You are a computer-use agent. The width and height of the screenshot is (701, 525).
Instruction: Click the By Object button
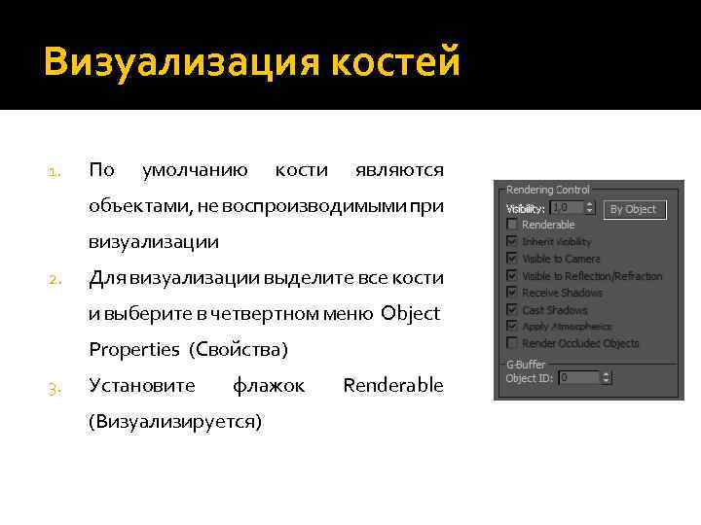click(x=632, y=209)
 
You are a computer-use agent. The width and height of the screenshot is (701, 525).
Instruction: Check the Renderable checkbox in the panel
click(x=512, y=225)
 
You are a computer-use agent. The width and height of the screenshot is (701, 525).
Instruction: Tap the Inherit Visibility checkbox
click(x=512, y=241)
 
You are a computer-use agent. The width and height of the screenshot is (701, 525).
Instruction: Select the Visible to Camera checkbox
click(x=512, y=259)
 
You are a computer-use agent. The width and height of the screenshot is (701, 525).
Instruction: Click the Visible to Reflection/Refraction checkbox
click(x=512, y=276)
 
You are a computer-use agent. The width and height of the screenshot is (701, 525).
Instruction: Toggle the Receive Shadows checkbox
click(x=512, y=293)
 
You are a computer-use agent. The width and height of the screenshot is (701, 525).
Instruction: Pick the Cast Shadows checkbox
click(x=512, y=310)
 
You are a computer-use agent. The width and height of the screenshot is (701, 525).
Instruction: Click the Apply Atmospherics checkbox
click(x=512, y=327)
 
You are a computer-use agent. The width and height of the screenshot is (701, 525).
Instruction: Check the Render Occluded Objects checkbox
click(x=512, y=343)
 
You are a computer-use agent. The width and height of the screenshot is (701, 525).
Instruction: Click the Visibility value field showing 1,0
click(x=567, y=208)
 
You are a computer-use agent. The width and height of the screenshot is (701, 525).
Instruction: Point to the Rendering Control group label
click(x=547, y=190)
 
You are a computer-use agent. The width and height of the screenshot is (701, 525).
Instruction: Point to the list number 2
click(x=55, y=280)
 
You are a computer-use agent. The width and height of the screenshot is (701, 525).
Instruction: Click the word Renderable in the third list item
click(x=393, y=385)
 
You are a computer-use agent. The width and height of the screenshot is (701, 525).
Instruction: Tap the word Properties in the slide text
click(x=134, y=349)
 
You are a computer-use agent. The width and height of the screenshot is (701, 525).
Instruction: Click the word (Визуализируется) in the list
click(x=175, y=422)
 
